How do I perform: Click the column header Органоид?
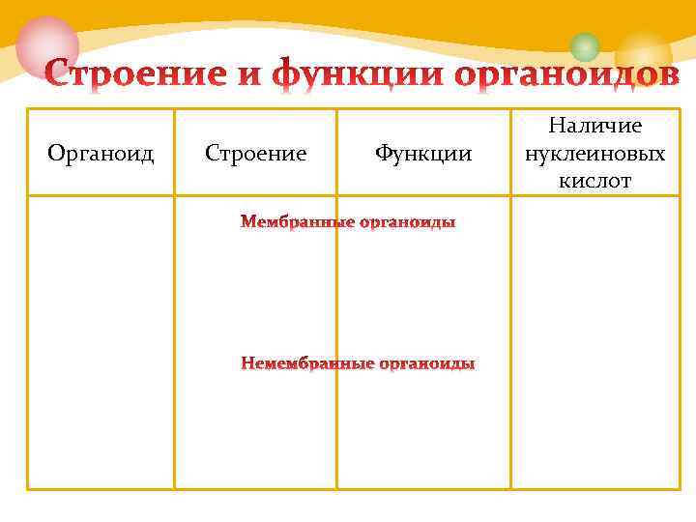[x=101, y=153]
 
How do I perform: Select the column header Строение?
[x=256, y=153]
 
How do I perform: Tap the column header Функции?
[x=423, y=153]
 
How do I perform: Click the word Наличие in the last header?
[x=595, y=126]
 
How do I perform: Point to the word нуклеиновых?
[x=595, y=153]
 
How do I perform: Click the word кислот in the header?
[x=595, y=180]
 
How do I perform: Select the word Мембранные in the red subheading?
[x=297, y=223]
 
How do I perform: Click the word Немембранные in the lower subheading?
[x=306, y=364]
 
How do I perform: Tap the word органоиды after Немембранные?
[x=426, y=364]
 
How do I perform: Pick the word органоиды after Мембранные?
[x=407, y=223]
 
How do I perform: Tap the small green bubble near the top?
[x=585, y=45]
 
